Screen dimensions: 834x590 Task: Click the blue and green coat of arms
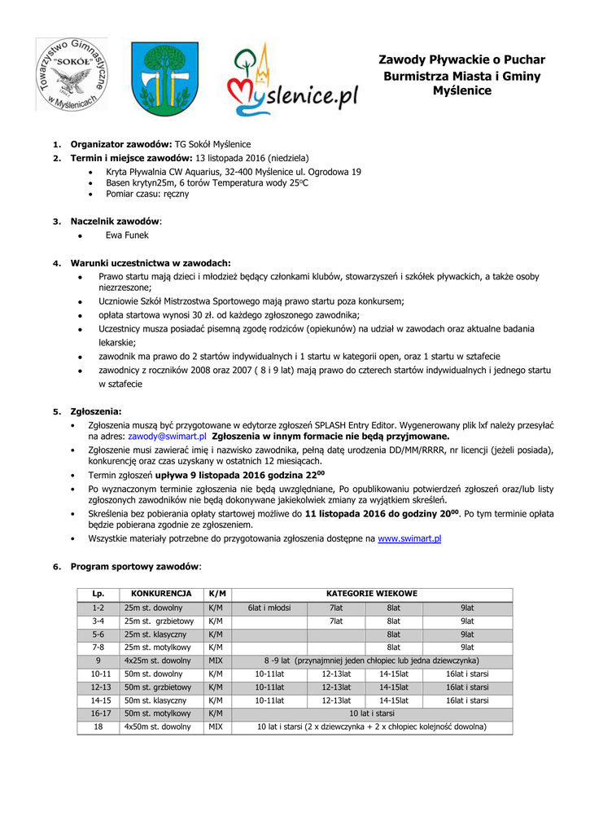pos(165,79)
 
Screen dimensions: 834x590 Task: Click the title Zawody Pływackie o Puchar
pos(461,60)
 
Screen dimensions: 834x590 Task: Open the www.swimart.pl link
pos(409,539)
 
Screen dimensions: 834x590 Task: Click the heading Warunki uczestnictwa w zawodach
pos(151,263)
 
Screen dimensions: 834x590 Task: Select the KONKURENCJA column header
pos(161,594)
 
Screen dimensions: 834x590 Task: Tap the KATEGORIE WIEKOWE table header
pos(372,594)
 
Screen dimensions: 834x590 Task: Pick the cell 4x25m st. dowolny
pos(158,661)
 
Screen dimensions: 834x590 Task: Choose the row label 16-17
pos(98,713)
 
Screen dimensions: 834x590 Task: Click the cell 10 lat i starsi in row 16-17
pos(372,713)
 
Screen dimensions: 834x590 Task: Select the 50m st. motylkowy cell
pos(158,713)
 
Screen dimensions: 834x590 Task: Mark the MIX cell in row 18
pos(216,726)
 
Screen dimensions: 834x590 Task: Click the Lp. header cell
pos(98,594)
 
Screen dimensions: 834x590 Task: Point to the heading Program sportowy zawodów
pos(135,566)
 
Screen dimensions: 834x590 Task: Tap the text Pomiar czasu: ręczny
pos(147,194)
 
